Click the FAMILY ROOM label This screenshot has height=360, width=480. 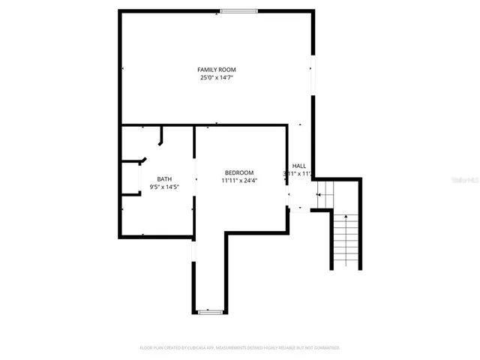coord(217,70)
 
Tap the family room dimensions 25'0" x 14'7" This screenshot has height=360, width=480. coord(217,77)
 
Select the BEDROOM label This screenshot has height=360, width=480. coord(239,172)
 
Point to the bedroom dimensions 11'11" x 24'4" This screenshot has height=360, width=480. coord(239,180)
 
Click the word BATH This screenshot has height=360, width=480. coord(164,178)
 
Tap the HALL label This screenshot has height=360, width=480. coord(299,166)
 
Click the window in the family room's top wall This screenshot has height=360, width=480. coord(238,10)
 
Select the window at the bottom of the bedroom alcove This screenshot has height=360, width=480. coord(209,310)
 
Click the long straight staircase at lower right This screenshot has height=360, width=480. coord(346,240)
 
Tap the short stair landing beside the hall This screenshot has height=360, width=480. coord(323,194)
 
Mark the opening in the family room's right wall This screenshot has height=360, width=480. coord(313,75)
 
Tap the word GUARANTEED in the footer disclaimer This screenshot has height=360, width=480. coord(325,348)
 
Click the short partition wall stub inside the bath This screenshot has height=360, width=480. coord(161,136)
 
